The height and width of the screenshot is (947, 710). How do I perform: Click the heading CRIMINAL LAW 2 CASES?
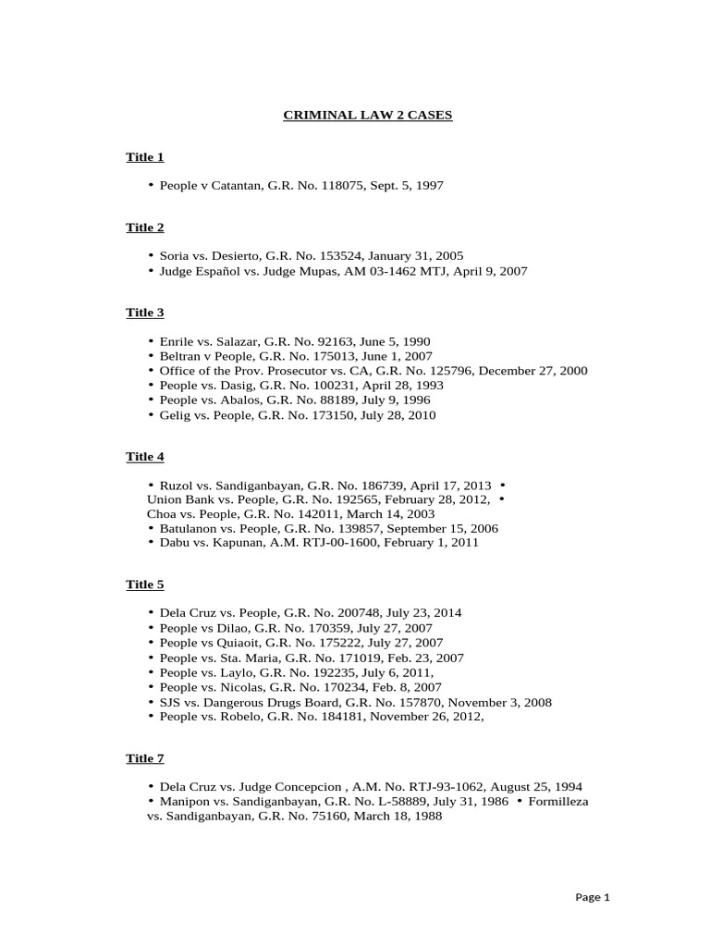coord(367,116)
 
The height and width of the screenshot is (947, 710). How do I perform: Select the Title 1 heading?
coord(145,157)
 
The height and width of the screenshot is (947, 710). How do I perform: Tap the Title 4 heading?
coord(145,457)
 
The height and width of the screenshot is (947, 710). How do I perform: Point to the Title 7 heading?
coord(145,758)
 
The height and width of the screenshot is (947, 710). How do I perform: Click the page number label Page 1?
coord(593,896)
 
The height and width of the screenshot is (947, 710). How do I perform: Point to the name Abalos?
coord(234,400)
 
